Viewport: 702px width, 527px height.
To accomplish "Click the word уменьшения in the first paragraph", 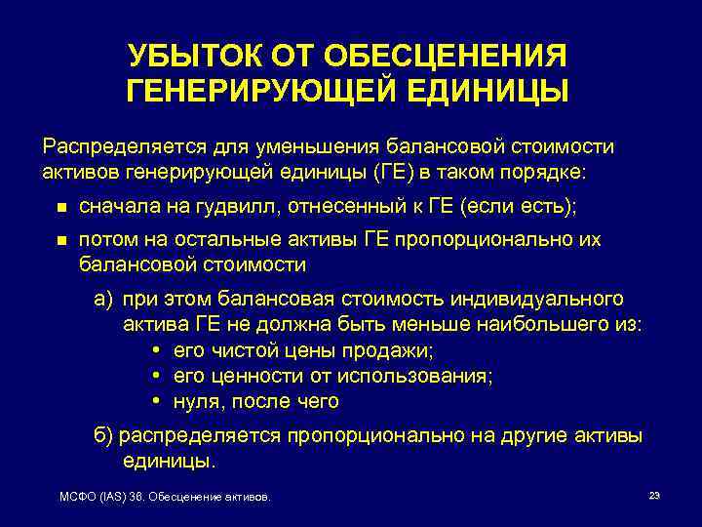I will (x=306, y=147).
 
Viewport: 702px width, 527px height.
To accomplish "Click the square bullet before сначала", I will (x=60, y=207).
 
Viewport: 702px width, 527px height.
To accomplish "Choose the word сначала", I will (x=114, y=206).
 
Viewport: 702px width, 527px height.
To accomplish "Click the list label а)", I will (x=104, y=299).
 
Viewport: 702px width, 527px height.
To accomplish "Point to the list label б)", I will (x=104, y=435).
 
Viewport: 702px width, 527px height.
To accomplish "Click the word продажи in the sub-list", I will (x=396, y=349).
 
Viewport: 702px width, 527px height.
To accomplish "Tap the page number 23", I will (x=654, y=496).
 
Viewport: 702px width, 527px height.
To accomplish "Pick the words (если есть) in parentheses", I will (x=519, y=206).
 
